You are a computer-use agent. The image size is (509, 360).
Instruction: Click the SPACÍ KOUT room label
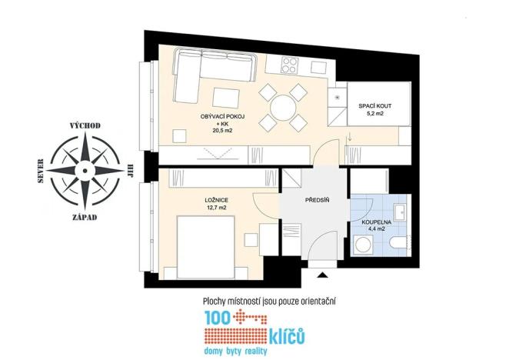[372, 105]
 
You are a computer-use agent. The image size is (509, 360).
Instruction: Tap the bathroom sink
[399, 211]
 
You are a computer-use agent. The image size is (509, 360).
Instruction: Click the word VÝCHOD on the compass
[85, 125]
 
